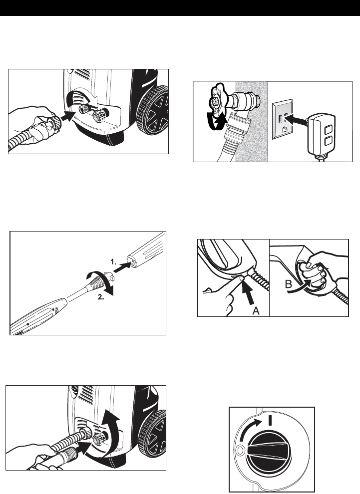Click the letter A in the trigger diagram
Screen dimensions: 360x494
[x=256, y=311]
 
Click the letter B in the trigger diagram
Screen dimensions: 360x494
[x=289, y=285]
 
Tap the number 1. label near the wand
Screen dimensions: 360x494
[x=113, y=261]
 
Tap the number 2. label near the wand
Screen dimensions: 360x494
[x=101, y=297]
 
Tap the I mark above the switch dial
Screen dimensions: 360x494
[x=270, y=420]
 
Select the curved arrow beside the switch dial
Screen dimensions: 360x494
[x=250, y=430]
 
